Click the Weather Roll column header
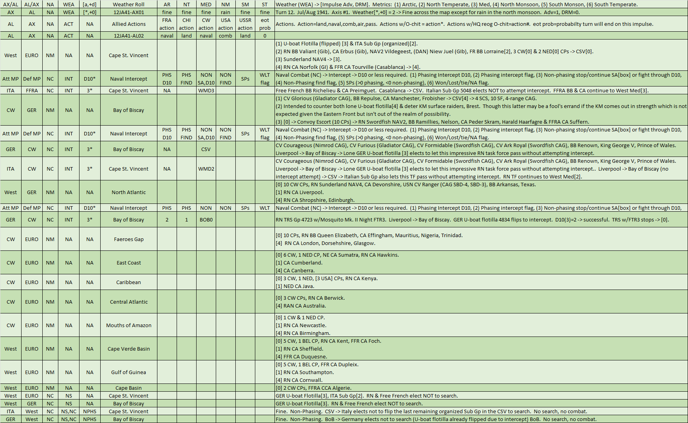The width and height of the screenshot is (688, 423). point(128,4)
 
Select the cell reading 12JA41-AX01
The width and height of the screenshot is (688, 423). point(128,12)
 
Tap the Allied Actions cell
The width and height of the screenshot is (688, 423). point(128,24)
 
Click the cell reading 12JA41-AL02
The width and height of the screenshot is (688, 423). point(128,36)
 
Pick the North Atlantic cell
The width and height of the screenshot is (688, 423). point(128,192)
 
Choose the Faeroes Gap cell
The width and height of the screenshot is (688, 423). point(128,239)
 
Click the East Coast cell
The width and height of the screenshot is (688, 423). point(128,263)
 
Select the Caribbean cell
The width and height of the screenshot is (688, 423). point(128,282)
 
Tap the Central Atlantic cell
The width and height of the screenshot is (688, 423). point(128,302)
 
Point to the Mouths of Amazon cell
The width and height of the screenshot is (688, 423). point(128,325)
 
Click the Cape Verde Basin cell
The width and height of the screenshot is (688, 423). point(128,349)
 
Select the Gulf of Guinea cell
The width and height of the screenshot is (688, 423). point(128,372)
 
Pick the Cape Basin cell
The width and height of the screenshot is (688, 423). point(128,388)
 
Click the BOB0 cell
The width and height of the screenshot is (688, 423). point(206,220)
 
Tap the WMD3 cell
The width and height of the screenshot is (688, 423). point(206,90)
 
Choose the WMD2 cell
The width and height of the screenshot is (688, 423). point(206,169)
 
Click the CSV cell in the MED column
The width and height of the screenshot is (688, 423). point(206,149)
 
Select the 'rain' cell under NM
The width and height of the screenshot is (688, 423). point(226,12)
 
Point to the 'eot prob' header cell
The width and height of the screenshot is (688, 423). point(265,24)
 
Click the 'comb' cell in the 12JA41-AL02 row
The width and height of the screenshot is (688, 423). point(226,36)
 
